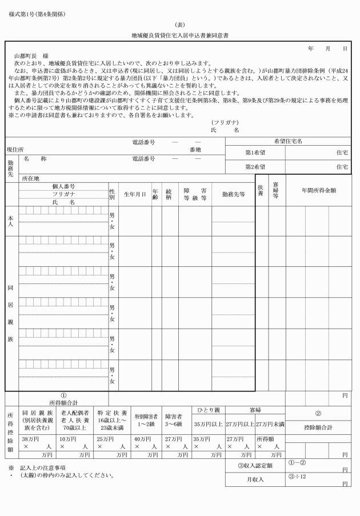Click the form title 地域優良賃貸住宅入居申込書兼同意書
[179, 34]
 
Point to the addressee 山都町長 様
[35, 56]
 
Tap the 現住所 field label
[15, 150]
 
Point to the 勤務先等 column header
[233, 194]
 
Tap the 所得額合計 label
[63, 401]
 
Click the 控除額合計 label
[318, 427]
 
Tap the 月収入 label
[254, 479]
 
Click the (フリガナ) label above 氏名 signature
[225, 122]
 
